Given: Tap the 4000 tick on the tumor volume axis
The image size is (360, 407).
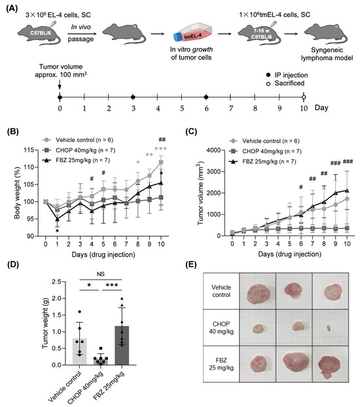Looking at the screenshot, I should [x=214, y=150].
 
